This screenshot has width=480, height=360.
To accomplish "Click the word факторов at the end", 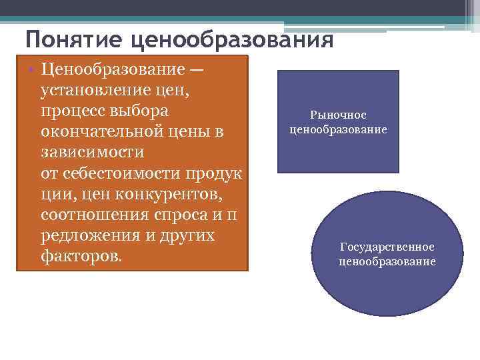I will point(80,257).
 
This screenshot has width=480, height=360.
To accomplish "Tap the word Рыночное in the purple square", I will point(338,115).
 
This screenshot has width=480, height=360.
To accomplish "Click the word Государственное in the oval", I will point(387,247).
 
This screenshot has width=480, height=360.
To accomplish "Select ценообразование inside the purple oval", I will point(387,261).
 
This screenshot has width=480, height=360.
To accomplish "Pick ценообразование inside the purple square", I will point(338,129).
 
